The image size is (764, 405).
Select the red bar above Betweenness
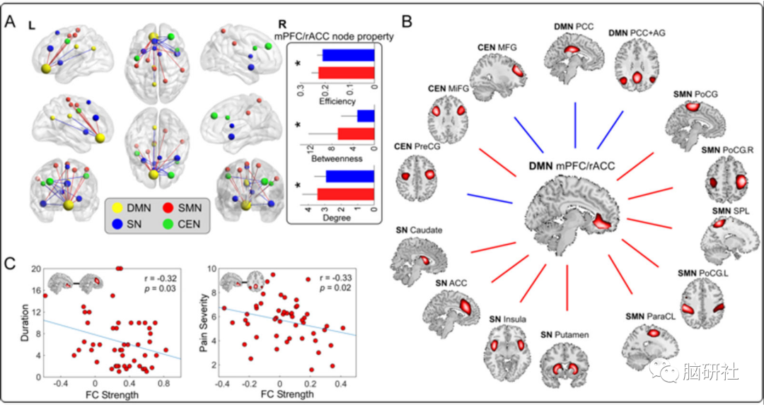(x=356, y=133)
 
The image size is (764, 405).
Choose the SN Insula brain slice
(x=506, y=346)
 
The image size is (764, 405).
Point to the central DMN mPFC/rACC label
(x=572, y=167)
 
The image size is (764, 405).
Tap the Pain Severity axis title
(x=209, y=323)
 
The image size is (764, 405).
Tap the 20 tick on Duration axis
(x=35, y=269)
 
